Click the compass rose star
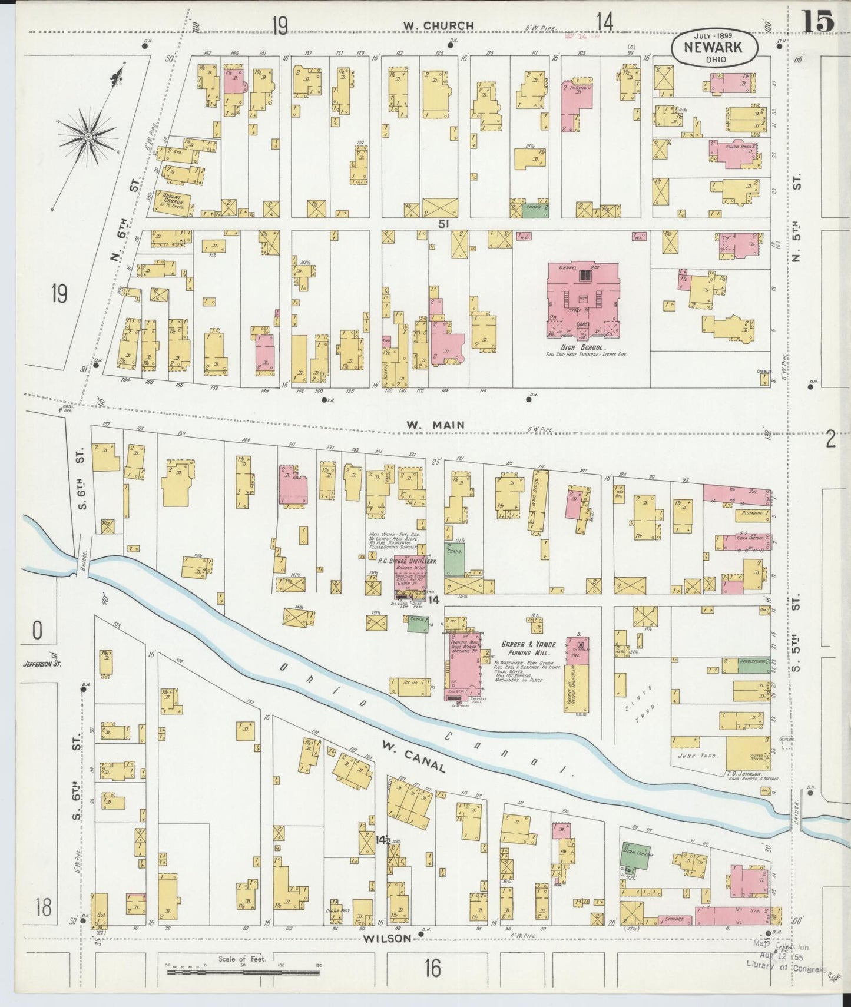coord(88,137)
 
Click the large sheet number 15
coord(817,22)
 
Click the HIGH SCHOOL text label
coord(583,347)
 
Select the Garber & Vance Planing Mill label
coord(525,648)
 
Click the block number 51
coord(443,224)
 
